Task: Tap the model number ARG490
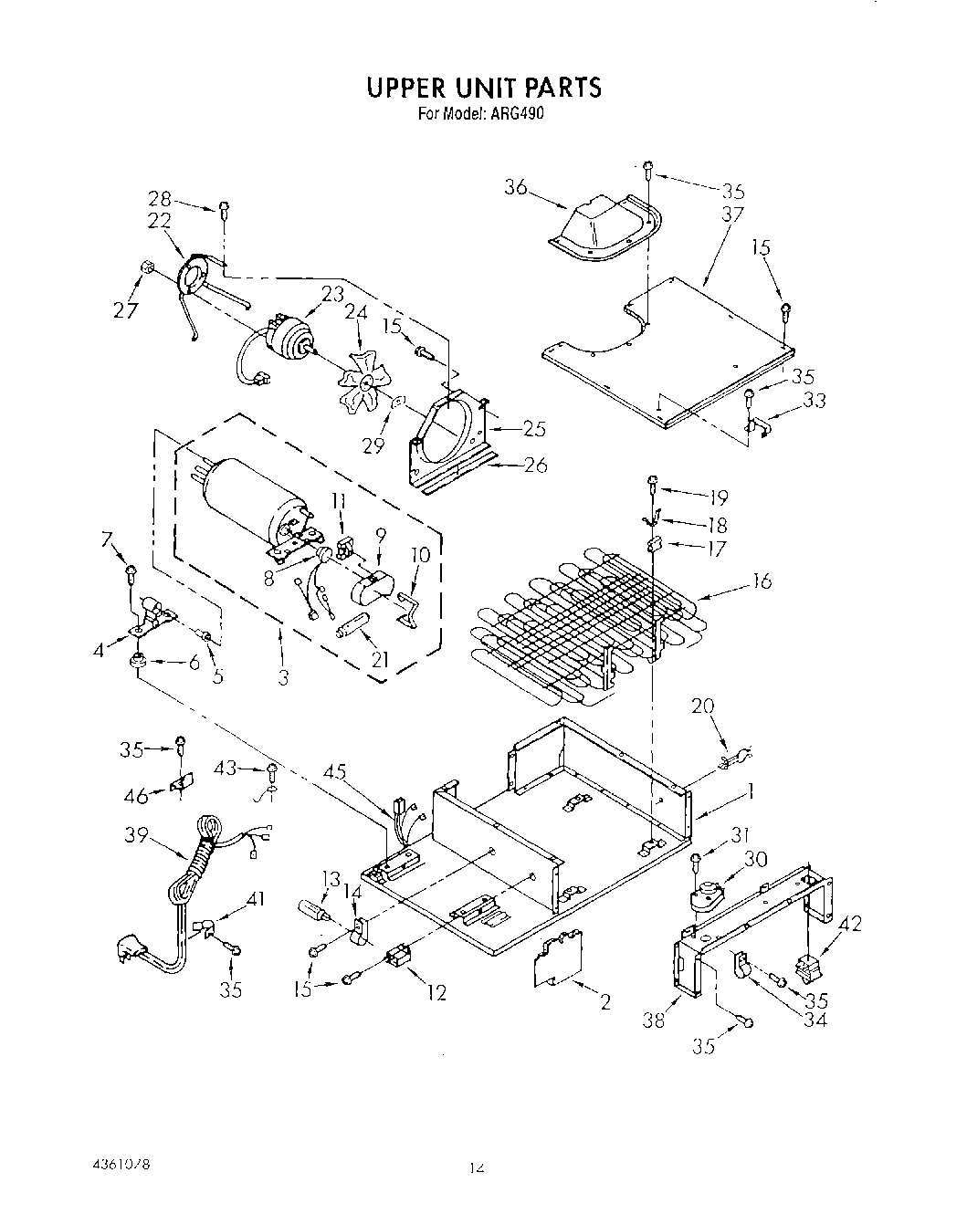pyautogui.click(x=523, y=115)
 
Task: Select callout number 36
pyautogui.click(x=516, y=187)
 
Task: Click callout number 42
pyautogui.click(x=849, y=924)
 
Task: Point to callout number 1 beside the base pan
pyautogui.click(x=750, y=792)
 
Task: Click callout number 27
pyautogui.click(x=125, y=309)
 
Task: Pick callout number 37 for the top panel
pyautogui.click(x=732, y=215)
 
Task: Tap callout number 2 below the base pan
pyautogui.click(x=604, y=1003)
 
